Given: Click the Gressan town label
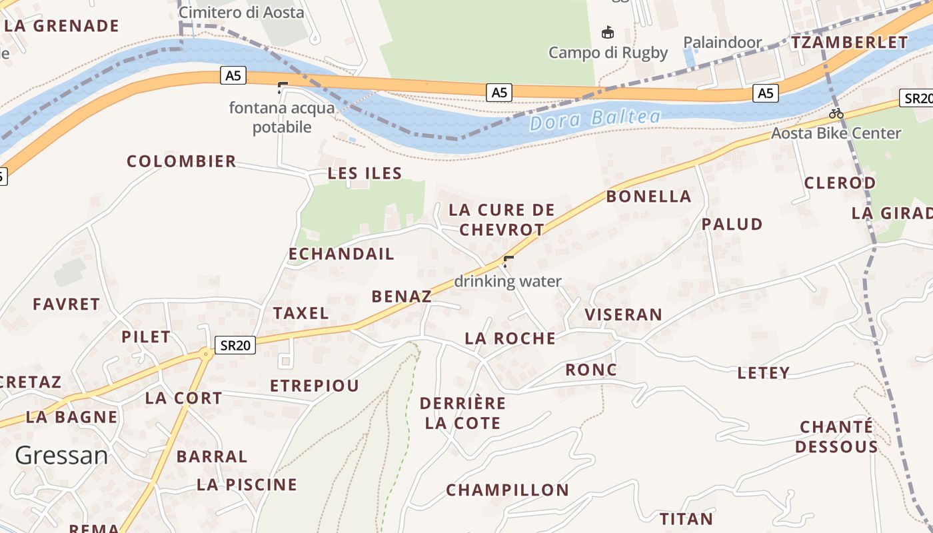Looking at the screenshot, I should [x=61, y=456].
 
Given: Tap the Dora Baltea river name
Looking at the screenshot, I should [x=595, y=120].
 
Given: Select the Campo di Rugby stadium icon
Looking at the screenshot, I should [x=607, y=32].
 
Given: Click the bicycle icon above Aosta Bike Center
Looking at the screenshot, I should [x=836, y=113].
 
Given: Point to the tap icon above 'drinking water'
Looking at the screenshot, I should [x=508, y=261].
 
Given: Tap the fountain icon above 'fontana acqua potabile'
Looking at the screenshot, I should [x=283, y=87].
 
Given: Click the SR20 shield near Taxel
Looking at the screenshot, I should [x=236, y=345].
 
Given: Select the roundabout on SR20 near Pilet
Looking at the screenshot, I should [x=205, y=354].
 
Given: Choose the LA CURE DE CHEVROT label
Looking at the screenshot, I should [x=502, y=219].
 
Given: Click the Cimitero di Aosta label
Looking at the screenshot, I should [x=241, y=12].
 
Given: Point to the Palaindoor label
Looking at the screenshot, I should [x=722, y=43].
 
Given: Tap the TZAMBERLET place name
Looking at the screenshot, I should [x=849, y=43].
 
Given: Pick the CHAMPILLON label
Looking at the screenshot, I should [x=507, y=490].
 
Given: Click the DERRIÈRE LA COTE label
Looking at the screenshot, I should [x=463, y=413].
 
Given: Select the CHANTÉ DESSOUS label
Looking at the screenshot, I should [x=836, y=436].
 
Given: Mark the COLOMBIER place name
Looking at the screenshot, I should [x=181, y=161].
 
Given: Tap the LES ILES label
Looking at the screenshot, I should [x=365, y=174].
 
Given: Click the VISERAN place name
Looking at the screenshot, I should [x=623, y=314].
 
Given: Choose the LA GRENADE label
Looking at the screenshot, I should [x=61, y=26].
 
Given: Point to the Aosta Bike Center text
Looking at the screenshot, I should [x=836, y=133].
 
